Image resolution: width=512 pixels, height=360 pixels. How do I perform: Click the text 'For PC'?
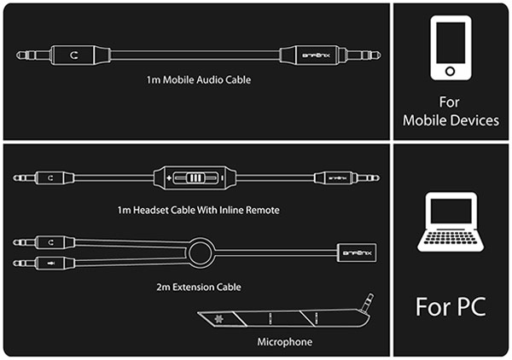pos(450,305)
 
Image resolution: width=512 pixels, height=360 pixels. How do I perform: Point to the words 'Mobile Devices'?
pos(451,120)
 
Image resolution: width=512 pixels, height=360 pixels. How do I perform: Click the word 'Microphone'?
pos(284,342)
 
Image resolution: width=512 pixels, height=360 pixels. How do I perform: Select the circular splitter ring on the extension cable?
pos(201,253)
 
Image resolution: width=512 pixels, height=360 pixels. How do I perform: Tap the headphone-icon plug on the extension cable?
pos(57,242)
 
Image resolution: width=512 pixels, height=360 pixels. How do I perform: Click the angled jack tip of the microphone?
pos(369,300)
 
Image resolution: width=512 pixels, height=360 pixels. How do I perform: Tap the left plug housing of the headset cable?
pos(56,178)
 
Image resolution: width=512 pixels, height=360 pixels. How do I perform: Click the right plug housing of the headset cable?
pos(333,178)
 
